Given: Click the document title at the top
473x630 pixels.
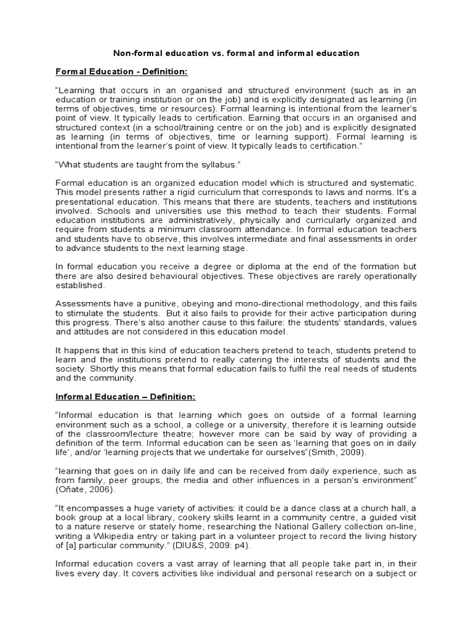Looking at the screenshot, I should tap(236, 54).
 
